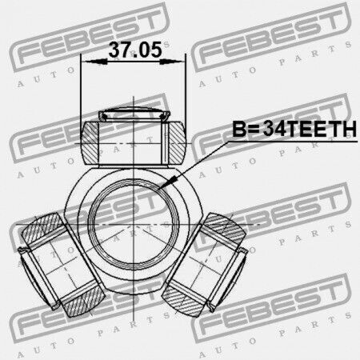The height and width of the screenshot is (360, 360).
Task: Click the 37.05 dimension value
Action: pyautogui.click(x=135, y=50)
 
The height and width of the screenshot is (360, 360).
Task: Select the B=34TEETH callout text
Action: pyautogui.click(x=294, y=129)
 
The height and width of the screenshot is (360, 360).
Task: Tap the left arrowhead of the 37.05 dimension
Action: pyautogui.click(x=94, y=62)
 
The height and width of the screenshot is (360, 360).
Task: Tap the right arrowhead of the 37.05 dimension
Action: pyautogui.click(x=172, y=62)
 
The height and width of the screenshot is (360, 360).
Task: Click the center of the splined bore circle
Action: pyautogui.click(x=134, y=225)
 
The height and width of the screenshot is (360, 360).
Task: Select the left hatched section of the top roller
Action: pyautogui.click(x=90, y=142)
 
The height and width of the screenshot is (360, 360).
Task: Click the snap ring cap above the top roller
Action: pyautogui.click(x=134, y=114)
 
